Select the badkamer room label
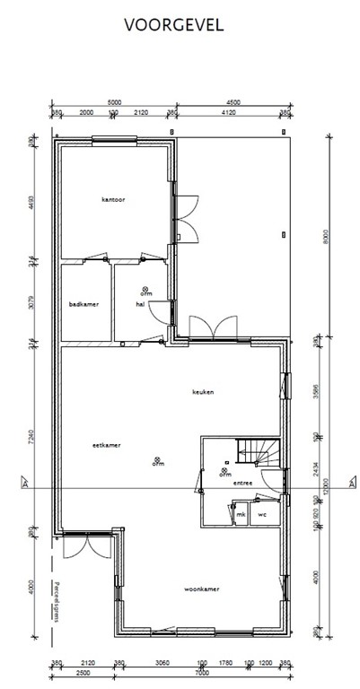tap(83, 304)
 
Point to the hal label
tap(140, 304)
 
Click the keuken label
tap(203, 392)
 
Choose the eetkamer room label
tap(106, 444)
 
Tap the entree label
tap(242, 483)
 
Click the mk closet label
tap(241, 514)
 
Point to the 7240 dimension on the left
tap(31, 439)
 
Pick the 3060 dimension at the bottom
tap(162, 663)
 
